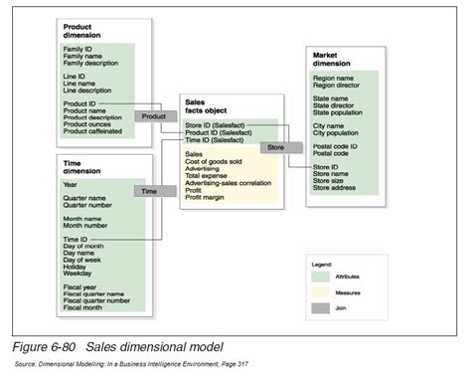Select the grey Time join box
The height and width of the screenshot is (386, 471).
click(x=149, y=191)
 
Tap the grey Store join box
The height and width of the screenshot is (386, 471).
click(x=274, y=146)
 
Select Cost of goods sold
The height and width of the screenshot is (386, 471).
click(x=215, y=161)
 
